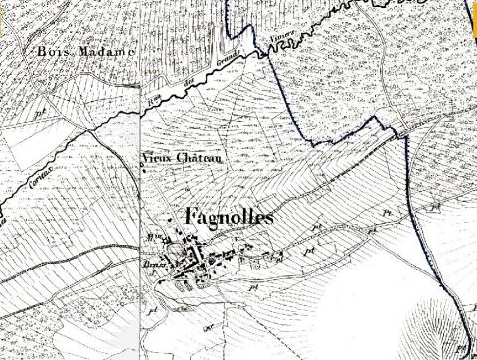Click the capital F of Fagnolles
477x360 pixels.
pyautogui.click(x=191, y=216)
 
